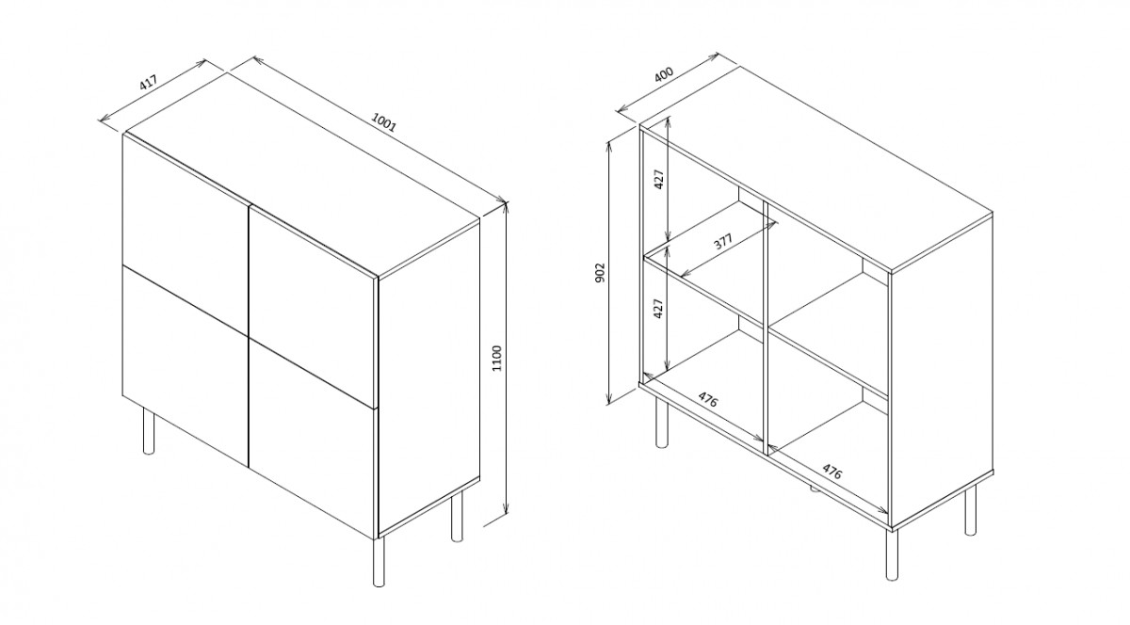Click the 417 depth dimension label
coord(149,82)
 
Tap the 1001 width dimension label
coord(384,121)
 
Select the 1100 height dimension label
coord(497,359)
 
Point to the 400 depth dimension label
coord(664,74)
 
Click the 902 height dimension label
coord(600,272)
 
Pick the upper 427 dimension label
coord(659,179)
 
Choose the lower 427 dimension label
coord(658,309)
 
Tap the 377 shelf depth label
coord(723,242)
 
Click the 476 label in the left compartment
coord(707,399)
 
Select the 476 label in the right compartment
coord(831,472)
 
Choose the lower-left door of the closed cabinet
coord(186,366)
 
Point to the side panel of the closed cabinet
coord(428,377)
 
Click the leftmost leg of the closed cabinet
coord(149,431)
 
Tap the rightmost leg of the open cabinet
coord(970,509)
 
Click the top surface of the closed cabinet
coord(302,174)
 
